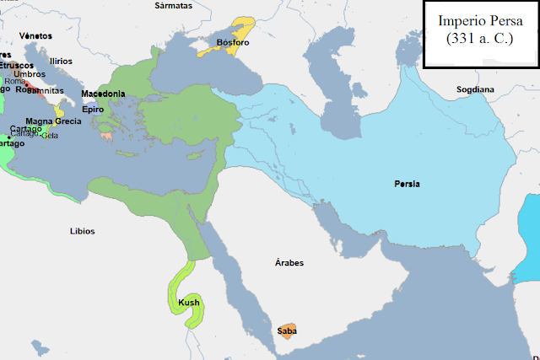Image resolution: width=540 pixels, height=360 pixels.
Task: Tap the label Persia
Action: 407,184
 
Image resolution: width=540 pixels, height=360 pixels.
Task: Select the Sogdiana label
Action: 475,89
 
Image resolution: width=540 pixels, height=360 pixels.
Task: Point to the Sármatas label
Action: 174,5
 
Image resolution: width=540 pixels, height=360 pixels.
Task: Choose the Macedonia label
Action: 103,94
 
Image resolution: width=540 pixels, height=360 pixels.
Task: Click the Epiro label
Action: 93,110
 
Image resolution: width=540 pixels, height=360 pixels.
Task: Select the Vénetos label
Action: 36,36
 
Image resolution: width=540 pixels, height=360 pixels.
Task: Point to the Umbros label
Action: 30,74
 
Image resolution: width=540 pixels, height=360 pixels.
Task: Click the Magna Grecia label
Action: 53,121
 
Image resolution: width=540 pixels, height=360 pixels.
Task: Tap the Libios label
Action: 82,230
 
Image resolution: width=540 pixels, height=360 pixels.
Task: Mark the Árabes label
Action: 289,263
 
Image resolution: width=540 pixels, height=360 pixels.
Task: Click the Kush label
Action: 189,302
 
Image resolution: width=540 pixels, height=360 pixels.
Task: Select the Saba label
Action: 287,331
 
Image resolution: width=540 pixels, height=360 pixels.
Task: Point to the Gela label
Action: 50,136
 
